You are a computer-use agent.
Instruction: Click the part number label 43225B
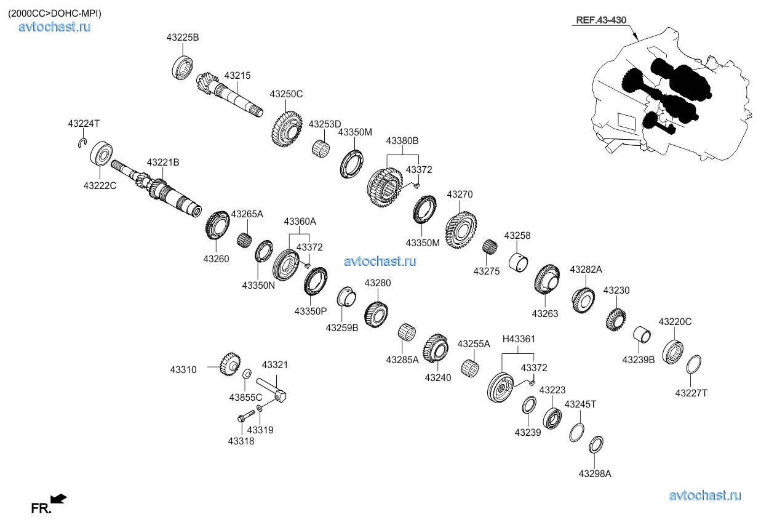(x=182, y=38)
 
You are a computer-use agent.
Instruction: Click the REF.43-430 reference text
(x=600, y=20)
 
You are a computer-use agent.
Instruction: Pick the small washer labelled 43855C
(x=247, y=374)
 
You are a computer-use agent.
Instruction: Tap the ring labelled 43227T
(x=693, y=364)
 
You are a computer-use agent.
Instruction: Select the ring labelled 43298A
(x=596, y=444)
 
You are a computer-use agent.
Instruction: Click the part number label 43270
(x=460, y=195)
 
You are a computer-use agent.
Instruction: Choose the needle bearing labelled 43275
(x=489, y=247)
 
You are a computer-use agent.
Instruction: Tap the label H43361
(x=519, y=339)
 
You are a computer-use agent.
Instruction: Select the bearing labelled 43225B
(x=183, y=66)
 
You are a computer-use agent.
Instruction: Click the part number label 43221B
(x=163, y=163)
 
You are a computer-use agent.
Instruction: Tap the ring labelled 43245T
(x=576, y=432)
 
